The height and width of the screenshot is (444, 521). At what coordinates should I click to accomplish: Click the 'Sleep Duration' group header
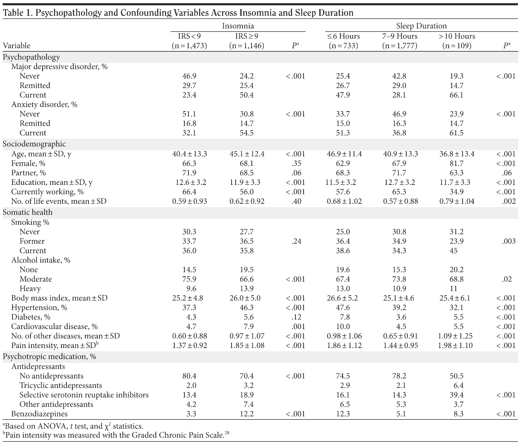(421, 26)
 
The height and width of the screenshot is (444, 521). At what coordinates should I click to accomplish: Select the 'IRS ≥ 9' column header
(247, 36)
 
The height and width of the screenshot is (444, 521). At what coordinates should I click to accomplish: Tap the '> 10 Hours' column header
(457, 36)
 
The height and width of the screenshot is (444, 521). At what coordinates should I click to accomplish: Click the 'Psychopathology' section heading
(31, 57)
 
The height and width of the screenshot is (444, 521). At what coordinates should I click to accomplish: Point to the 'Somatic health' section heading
(28, 212)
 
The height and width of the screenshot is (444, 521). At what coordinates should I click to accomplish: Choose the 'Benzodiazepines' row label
(39, 414)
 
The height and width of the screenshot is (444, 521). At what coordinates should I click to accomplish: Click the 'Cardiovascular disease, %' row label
(54, 326)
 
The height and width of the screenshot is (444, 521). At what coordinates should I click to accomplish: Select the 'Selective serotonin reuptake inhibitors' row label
(84, 395)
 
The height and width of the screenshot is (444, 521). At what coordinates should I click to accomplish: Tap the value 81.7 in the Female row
(456, 163)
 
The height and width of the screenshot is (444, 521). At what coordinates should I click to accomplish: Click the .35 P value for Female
(296, 163)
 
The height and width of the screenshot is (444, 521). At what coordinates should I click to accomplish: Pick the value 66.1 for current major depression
(456, 95)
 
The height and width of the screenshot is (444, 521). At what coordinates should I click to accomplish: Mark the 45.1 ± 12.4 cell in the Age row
(247, 154)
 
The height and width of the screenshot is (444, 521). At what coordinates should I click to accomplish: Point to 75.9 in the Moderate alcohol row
(189, 279)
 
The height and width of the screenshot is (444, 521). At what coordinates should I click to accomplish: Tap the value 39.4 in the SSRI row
(456, 395)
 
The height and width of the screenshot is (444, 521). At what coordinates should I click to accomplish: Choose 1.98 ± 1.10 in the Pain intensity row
(456, 345)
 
